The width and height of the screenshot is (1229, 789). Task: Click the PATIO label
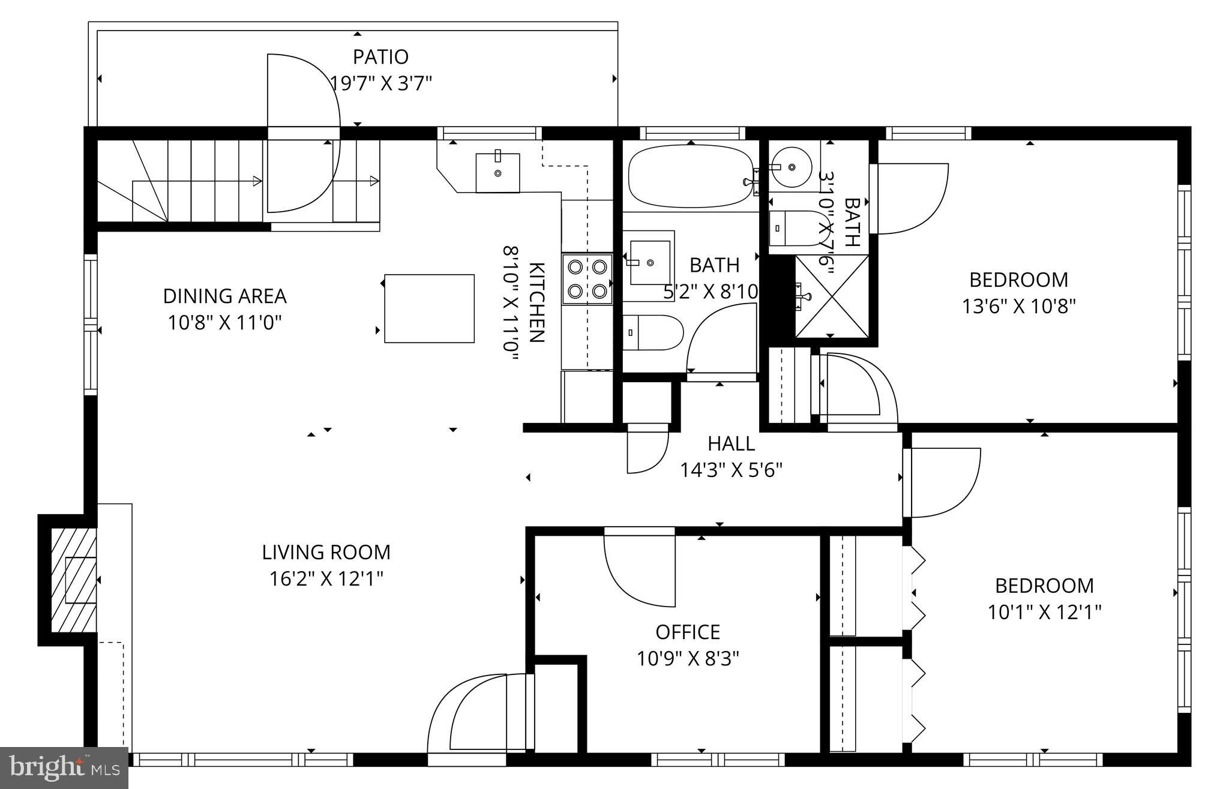point(380,57)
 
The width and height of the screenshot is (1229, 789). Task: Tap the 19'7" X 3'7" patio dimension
point(381,83)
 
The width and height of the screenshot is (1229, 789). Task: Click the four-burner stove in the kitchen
point(587,278)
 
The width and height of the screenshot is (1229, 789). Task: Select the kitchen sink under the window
point(497,172)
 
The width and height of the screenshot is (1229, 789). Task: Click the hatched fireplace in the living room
point(73,580)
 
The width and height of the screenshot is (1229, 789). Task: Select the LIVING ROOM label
point(326,552)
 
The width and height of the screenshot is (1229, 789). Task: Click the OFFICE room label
point(688,632)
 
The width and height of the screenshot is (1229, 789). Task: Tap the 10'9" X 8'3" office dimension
point(688,659)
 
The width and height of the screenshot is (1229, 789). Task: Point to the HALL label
point(731,444)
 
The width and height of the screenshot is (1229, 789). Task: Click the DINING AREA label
point(224,296)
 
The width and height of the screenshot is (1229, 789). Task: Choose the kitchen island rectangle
point(429,308)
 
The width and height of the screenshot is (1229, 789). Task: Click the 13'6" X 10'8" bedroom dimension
point(1018,307)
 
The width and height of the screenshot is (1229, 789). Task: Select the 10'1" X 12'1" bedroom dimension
point(1044,613)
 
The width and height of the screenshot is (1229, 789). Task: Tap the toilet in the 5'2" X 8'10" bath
point(652,332)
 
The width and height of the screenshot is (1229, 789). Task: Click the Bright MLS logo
point(64,767)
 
